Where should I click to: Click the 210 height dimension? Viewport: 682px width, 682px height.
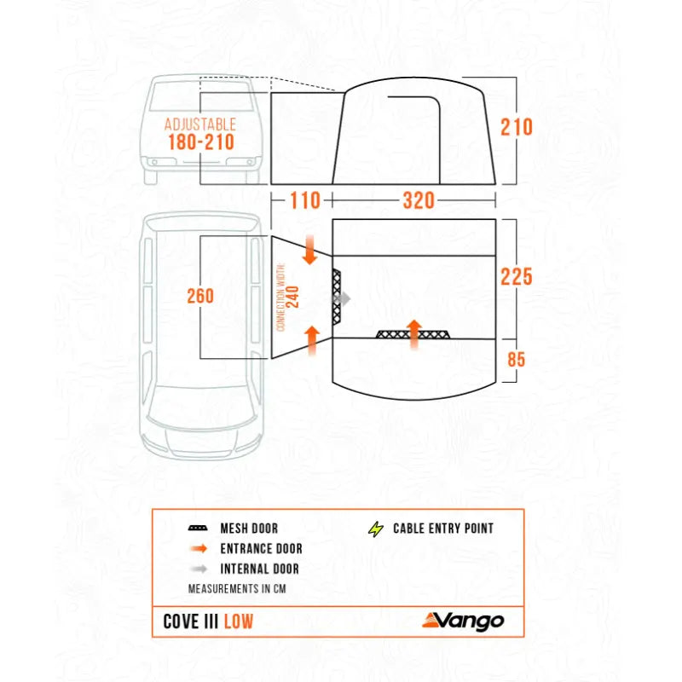pos(517,128)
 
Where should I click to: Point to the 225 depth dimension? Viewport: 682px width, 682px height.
pos(517,277)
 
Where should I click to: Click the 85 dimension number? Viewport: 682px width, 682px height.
pos(517,360)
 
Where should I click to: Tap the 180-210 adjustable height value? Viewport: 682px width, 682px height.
pos(201,142)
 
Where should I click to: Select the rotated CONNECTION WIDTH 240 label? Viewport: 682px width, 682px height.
pos(288,298)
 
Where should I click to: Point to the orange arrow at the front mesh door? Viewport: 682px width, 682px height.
pos(414,334)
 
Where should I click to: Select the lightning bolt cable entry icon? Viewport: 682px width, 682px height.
pos(375,529)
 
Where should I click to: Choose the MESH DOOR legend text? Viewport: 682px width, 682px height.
pos(249,529)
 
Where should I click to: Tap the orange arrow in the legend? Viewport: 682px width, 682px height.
pos(199,549)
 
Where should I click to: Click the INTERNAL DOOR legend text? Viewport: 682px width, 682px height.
pos(260,569)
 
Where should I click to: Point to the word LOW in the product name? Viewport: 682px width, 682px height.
pos(239,621)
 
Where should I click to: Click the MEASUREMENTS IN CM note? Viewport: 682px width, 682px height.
pos(235,588)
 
